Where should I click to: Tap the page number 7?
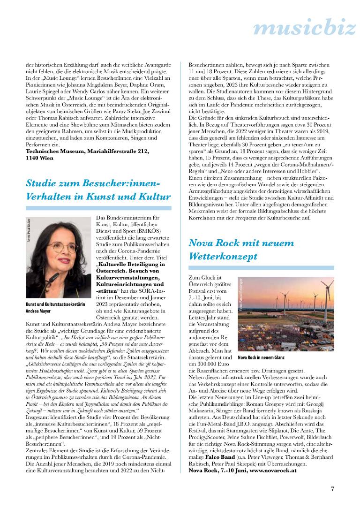pyautogui.click(x=332, y=488)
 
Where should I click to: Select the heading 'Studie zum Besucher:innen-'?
pyautogui.click(x=93, y=182)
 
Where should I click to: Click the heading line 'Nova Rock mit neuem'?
pyautogui.click(x=241, y=243)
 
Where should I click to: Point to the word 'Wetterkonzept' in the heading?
pyautogui.click(x=223, y=257)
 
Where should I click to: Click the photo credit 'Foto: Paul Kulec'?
pyautogui.click(x=29, y=232)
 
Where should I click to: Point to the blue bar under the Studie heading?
pyautogui.click(x=98, y=207)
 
